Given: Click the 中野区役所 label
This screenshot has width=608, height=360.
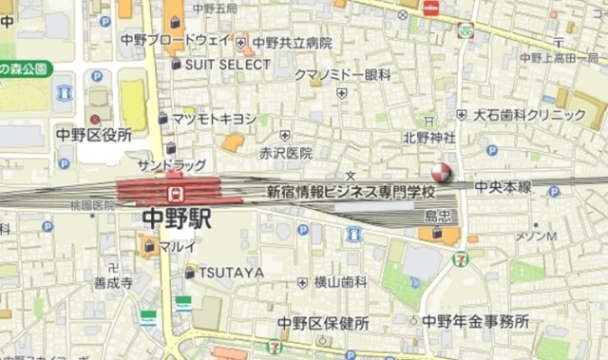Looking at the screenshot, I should (93, 135).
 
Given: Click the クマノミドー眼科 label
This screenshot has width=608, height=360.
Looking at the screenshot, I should (343, 74).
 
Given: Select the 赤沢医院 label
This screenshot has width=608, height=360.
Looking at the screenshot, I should (286, 152).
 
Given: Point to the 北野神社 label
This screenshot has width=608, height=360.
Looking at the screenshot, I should (428, 138).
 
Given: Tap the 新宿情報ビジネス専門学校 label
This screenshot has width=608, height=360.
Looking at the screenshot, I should (349, 191).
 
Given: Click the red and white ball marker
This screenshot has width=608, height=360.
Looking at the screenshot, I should (443, 173).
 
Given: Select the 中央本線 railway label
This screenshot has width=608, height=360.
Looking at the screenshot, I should (503, 187).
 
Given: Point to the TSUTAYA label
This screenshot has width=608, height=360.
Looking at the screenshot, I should (232, 273).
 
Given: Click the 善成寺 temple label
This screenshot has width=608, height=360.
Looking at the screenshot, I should (113, 282).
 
